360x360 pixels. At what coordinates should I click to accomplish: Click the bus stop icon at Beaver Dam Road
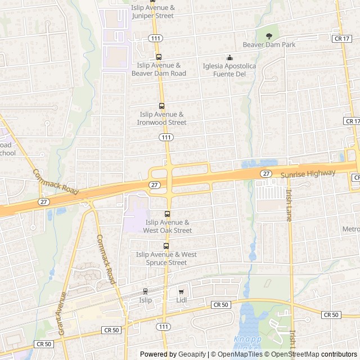pos(159,57)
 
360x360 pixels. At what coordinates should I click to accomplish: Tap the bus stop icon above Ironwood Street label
pos(162,106)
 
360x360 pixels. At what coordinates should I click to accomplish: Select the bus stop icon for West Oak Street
pos(167,214)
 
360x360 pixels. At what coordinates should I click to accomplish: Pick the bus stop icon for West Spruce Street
pos(166,246)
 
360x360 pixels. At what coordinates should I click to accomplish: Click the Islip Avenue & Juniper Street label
pos(153,12)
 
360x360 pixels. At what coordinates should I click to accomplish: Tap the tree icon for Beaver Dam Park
pos(269,36)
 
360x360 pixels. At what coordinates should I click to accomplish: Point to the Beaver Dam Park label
pos(269,45)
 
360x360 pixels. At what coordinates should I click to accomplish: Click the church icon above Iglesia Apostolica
pos(229,57)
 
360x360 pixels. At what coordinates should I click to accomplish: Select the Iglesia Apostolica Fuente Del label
pos(229,70)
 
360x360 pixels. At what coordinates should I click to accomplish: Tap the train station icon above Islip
pos(146,291)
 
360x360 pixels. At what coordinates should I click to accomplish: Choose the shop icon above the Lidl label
pos(181,291)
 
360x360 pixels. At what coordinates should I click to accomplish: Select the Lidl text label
pos(181,300)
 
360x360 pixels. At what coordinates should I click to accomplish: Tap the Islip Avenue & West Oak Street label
pos(167,226)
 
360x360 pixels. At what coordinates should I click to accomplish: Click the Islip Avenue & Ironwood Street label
pos(163,118)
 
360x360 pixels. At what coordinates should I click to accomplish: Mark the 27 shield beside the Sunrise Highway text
pos(265,174)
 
